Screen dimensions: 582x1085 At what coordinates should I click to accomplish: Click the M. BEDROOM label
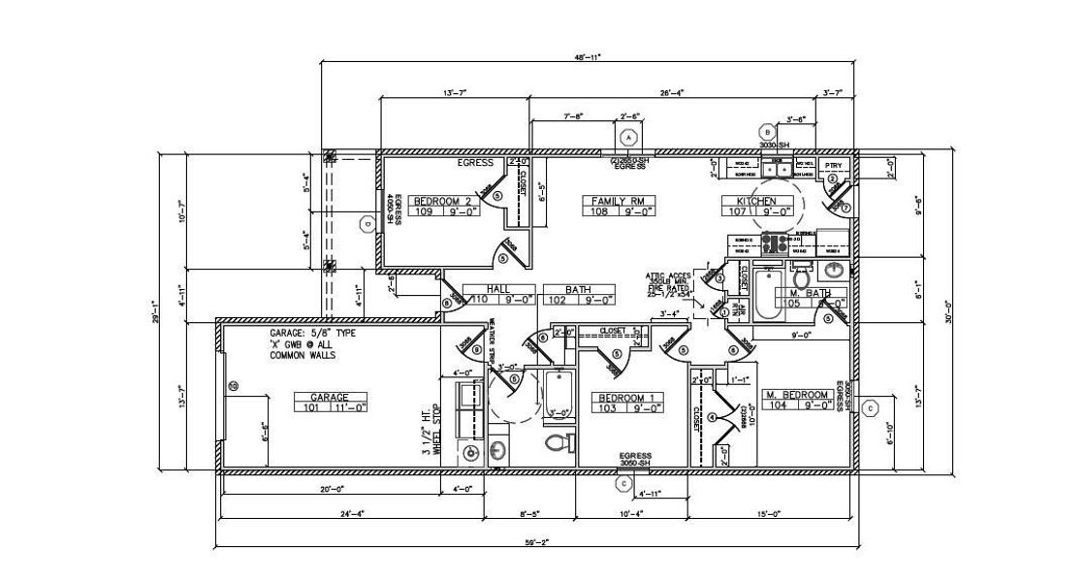tap(797, 395)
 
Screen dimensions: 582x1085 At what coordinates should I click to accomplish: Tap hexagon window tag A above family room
tap(628, 136)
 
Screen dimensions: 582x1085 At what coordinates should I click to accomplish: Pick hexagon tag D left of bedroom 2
tap(366, 223)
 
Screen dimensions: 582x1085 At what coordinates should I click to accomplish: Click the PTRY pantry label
tap(832, 166)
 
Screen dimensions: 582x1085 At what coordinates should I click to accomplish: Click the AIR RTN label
tap(736, 308)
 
